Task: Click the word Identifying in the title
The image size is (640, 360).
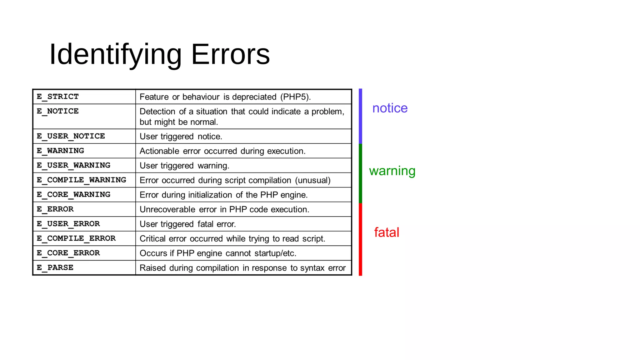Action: pyautogui.click(x=115, y=55)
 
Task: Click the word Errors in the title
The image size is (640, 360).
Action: pyautogui.click(x=230, y=55)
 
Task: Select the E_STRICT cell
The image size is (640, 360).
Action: pyautogui.click(x=58, y=97)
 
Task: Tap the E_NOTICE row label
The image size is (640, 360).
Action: pyautogui.click(x=58, y=111)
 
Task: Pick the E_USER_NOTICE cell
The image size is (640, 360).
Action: pyautogui.click(x=71, y=136)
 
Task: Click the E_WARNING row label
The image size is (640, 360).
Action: pyautogui.click(x=61, y=151)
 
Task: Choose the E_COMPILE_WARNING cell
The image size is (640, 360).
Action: pyautogui.click(x=82, y=180)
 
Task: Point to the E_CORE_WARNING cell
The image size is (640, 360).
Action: pyautogui.click(x=74, y=195)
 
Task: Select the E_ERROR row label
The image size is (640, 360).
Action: pyautogui.click(x=55, y=209)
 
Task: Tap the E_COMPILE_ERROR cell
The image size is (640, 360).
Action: pyautogui.click(x=76, y=238)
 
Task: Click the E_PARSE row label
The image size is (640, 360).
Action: pyautogui.click(x=55, y=268)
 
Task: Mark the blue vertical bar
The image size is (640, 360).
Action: pyautogui.click(x=360, y=116)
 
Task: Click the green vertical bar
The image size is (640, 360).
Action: pyautogui.click(x=360, y=173)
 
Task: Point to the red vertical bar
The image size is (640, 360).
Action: pyautogui.click(x=360, y=239)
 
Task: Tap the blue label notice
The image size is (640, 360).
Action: pyautogui.click(x=390, y=108)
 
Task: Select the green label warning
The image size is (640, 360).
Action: pyautogui.click(x=392, y=171)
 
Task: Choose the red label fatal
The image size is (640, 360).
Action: pyautogui.click(x=387, y=232)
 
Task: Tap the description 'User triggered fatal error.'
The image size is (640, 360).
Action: pyautogui.click(x=188, y=224)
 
